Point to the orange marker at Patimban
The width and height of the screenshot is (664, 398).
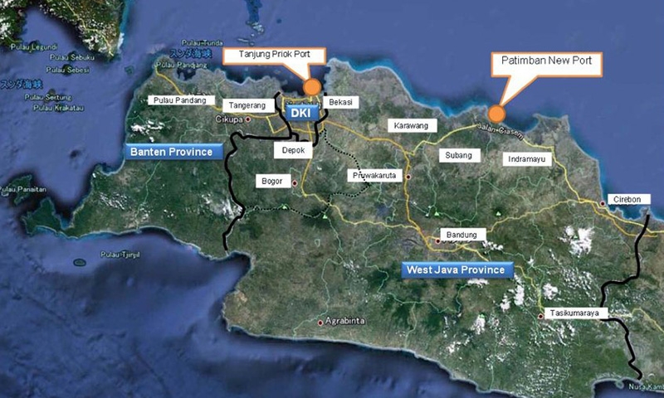pyautogui.click(x=496, y=113)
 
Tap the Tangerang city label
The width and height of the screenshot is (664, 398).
pyautogui.click(x=247, y=105)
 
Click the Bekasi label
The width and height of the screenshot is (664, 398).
pyautogui.click(x=340, y=102)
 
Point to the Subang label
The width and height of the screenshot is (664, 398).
pyautogui.click(x=458, y=155)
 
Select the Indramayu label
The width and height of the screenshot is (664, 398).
pyautogui.click(x=531, y=159)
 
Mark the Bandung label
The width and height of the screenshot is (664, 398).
pyautogui.click(x=461, y=235)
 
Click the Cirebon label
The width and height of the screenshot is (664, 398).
pyautogui.click(x=624, y=200)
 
